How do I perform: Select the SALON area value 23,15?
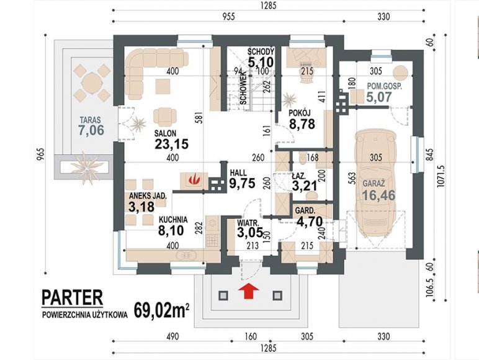point(171,144)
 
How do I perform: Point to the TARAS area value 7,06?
point(91,130)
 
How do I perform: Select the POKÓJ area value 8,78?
point(302,124)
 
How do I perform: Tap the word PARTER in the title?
point(72,298)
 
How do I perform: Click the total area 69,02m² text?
point(161,311)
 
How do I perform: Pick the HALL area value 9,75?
point(242,183)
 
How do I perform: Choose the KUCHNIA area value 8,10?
point(171,230)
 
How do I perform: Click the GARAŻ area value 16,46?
point(379,196)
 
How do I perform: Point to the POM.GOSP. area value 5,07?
point(379,97)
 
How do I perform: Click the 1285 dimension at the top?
point(268,6)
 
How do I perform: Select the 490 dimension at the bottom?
point(172,336)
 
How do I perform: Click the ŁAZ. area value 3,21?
point(305,186)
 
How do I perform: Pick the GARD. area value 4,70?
point(309,222)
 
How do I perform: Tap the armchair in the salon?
point(165,117)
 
